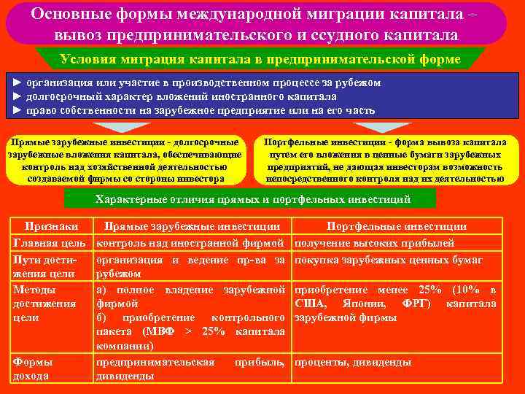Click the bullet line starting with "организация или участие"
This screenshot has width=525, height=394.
(x=197, y=82)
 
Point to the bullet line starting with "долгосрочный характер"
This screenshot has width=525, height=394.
(x=175, y=96)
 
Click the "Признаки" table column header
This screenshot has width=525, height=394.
(x=50, y=227)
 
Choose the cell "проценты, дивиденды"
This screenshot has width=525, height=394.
(x=353, y=362)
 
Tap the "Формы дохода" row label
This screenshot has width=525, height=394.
(x=32, y=368)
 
